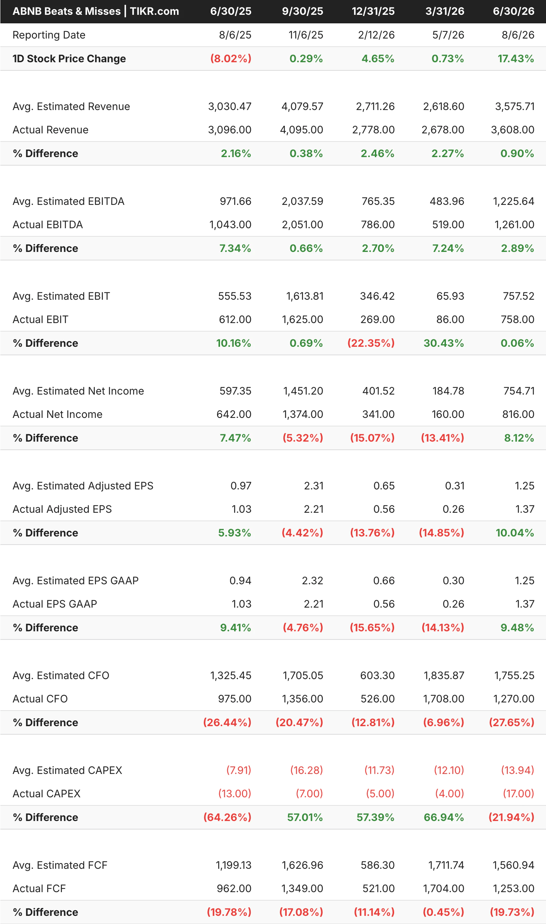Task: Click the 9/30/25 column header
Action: point(302,11)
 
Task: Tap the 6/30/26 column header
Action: point(513,11)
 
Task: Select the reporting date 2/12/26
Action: point(376,35)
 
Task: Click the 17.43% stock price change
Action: point(516,59)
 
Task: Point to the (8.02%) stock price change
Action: point(231,59)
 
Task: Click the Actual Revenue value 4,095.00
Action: point(302,130)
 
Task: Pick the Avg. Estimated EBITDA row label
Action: point(69,201)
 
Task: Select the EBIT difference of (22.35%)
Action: point(371,343)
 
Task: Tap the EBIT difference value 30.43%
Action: point(444,343)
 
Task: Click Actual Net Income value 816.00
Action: point(518,414)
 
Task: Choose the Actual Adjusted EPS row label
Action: point(62,509)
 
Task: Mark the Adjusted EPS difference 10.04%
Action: point(515,533)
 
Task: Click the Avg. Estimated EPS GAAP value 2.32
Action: point(313,581)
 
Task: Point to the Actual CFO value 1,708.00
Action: point(443,699)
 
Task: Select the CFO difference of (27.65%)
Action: point(512,722)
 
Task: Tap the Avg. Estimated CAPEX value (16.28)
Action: point(306,770)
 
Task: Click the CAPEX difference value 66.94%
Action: point(444,817)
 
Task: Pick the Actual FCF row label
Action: point(39,888)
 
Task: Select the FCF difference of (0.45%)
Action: point(443,912)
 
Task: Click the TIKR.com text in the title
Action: point(154,11)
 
